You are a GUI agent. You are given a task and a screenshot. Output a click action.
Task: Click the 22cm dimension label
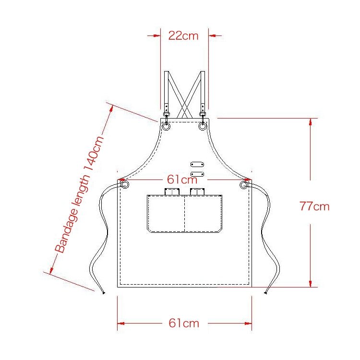pos(183,36)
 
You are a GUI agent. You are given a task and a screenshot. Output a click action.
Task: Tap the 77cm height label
pos(314,206)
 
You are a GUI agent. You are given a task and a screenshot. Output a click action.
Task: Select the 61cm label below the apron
pos(184,323)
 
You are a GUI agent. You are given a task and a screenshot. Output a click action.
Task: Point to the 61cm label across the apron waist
pos(182,180)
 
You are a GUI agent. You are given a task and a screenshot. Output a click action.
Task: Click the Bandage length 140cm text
pos(79,195)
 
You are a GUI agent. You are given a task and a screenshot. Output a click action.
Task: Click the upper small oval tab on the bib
pos(197,164)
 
